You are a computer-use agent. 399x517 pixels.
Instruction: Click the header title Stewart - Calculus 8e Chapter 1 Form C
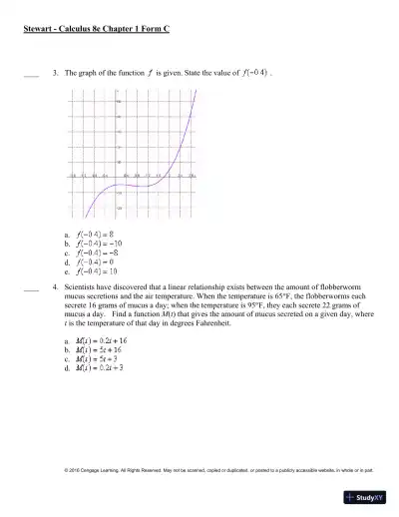[x=96, y=30]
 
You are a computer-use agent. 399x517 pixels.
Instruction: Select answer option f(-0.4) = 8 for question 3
[x=96, y=234]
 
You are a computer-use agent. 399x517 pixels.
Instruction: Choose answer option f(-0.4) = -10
[x=100, y=243]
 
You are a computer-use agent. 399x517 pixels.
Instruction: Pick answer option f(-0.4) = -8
[x=98, y=253]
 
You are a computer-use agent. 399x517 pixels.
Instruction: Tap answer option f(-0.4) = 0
[x=96, y=261]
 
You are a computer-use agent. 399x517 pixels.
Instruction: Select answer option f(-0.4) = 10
[x=98, y=270]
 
